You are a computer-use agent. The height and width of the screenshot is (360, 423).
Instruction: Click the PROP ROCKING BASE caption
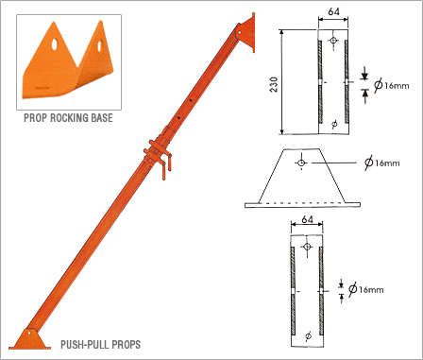[x=68, y=118]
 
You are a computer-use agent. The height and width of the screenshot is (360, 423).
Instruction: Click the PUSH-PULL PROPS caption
[x=100, y=344]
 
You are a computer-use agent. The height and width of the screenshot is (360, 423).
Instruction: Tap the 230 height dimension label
[x=274, y=84]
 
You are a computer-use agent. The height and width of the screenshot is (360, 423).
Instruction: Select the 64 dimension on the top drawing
[x=333, y=11]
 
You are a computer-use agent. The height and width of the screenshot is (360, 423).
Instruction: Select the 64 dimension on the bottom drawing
[x=307, y=219]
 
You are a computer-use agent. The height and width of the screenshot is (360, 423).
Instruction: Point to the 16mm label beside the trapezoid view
[x=387, y=163]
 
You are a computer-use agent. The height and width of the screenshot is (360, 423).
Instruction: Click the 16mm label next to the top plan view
[x=397, y=85]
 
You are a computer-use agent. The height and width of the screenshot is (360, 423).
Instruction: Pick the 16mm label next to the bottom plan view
[x=371, y=289]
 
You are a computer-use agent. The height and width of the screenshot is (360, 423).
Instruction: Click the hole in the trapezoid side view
[x=301, y=163]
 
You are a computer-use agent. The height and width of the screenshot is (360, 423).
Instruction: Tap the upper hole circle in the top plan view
[x=333, y=40]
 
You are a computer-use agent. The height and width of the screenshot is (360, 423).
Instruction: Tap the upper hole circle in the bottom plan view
[x=307, y=247]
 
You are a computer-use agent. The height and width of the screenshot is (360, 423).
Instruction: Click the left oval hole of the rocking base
[x=55, y=44]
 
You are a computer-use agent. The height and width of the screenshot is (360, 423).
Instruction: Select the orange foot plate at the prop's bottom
[x=30, y=339]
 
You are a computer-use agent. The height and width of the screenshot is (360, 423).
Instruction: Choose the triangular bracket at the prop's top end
[x=246, y=32]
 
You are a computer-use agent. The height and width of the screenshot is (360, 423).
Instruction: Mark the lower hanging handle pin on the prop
[x=164, y=172]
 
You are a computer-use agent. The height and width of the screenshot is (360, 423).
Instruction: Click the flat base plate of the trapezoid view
[x=302, y=205]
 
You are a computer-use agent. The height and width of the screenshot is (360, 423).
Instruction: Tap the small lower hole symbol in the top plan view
[x=334, y=124]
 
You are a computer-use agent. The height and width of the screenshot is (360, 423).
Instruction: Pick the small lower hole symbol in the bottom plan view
[x=309, y=335]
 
